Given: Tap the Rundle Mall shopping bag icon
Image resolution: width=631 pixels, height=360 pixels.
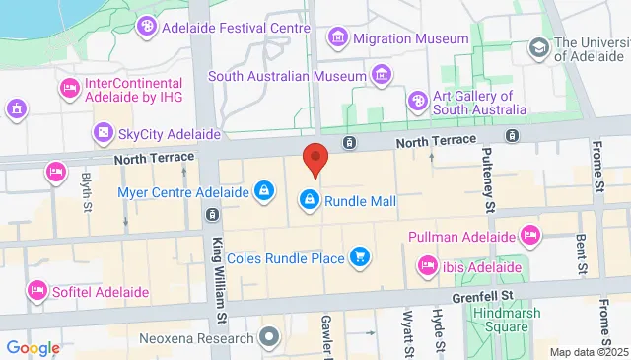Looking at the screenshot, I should click(x=310, y=201).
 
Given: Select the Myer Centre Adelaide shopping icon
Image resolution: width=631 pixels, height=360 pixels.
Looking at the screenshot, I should click(x=264, y=191).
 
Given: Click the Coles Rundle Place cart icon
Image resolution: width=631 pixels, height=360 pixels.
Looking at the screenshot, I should click(x=360, y=258).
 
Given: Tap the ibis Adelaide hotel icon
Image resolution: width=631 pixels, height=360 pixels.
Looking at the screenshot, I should click(x=427, y=266).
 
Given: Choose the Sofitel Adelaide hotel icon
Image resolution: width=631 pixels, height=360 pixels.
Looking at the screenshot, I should click(x=37, y=292).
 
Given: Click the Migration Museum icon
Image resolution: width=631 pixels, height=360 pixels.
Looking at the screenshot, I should click(x=339, y=38).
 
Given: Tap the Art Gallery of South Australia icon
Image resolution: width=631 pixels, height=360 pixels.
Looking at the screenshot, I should click(x=418, y=102).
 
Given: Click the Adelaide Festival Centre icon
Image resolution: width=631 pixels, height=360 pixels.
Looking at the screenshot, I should click(x=146, y=27).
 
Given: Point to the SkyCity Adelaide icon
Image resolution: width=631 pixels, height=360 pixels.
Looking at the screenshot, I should click(x=103, y=132).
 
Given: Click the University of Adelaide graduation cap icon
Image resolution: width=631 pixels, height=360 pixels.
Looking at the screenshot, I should click(x=538, y=47).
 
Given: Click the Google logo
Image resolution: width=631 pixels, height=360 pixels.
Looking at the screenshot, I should click(x=33, y=348).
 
